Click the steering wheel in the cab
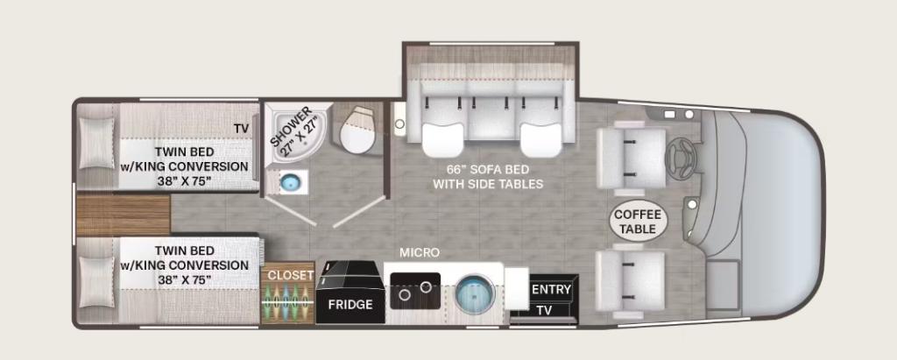pos(681,152)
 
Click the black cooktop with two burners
pos(415,291)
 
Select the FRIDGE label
pos(350,305)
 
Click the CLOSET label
pos(291,275)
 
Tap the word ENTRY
pos(552,290)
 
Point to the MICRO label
pos(420,252)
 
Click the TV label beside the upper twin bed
pos(241,128)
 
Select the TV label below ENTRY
pos(544,311)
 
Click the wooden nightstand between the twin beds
pos(123,215)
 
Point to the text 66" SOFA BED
pos(487,170)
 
